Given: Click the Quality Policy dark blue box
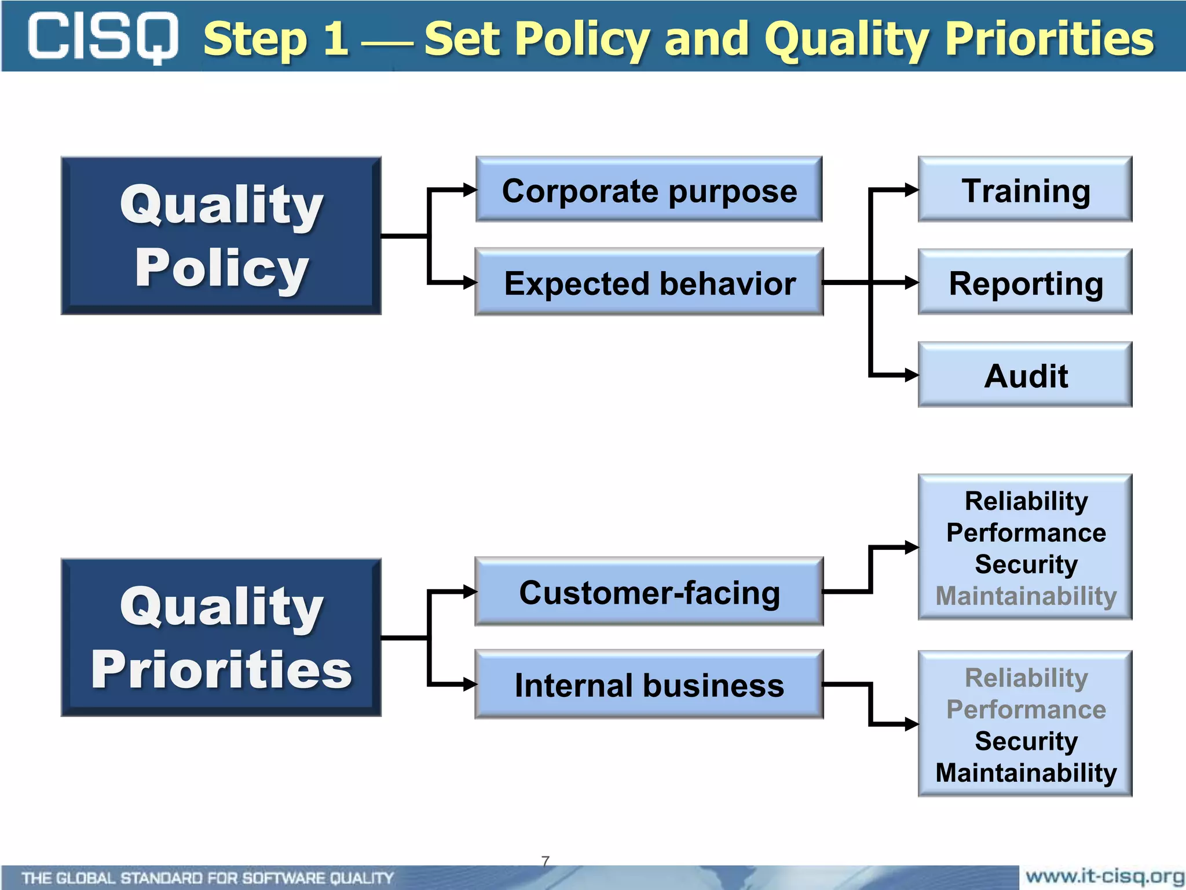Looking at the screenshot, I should [221, 236].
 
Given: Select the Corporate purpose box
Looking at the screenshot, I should [649, 189].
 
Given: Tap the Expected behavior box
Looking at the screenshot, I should [649, 282].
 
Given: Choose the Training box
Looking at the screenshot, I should [1025, 189].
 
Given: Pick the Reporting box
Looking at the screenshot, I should [1025, 282].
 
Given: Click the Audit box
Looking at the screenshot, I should [1025, 375].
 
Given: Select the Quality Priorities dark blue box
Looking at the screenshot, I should [221, 637].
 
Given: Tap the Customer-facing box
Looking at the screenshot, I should [649, 592].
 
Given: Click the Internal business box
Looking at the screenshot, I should [649, 684].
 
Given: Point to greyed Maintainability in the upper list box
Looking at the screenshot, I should [1026, 596].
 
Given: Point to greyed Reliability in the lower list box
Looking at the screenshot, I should [1026, 677].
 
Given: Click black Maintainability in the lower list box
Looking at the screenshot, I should [1026, 772].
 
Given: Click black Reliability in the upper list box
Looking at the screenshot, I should [1026, 501].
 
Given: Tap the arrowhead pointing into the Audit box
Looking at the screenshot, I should [911, 375].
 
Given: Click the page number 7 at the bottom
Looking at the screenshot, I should [545, 860].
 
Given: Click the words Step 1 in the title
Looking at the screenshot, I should [276, 38].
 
